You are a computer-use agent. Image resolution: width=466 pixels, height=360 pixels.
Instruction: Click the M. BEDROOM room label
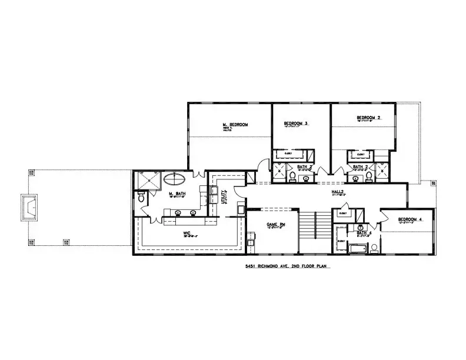point(235,125)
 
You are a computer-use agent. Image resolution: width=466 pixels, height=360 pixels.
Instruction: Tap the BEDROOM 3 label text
point(296,124)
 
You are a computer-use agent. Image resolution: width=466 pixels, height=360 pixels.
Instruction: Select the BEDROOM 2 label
point(368,118)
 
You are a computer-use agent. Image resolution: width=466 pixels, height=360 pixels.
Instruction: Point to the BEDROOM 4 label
point(410,219)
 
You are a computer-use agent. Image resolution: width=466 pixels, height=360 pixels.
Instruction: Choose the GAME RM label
point(275,225)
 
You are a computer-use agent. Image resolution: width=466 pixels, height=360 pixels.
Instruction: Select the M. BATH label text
point(178,194)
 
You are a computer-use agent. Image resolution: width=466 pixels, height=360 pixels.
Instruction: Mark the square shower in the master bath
point(147,181)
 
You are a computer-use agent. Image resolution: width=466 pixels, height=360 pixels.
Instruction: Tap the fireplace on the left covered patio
point(30,205)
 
